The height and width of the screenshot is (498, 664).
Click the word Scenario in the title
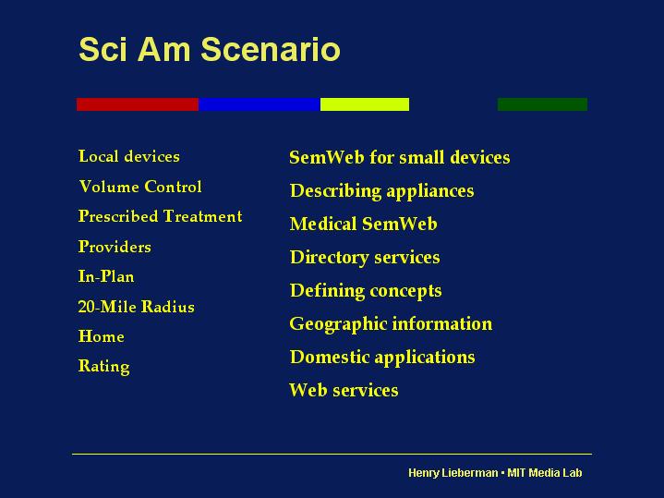271,49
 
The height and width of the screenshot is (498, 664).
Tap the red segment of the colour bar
138,104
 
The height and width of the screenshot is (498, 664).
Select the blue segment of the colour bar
260,104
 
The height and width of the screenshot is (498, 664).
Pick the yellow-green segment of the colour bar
365,104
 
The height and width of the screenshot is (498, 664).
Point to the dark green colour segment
542,104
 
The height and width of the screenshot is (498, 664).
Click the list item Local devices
129,156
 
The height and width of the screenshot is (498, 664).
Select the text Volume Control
140,187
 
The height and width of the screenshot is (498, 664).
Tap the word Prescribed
118,216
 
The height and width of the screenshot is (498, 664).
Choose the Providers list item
115,247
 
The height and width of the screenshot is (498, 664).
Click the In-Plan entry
106,276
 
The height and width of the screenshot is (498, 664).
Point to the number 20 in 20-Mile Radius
87,307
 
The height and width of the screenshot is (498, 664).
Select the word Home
102,336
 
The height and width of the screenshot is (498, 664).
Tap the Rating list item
104,367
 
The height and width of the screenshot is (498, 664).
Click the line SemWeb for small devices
400,157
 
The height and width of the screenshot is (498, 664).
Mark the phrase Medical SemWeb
363,224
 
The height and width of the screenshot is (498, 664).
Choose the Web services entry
344,390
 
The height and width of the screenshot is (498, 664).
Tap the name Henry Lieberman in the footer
453,472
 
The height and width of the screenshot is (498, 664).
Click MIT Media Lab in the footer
545,472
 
